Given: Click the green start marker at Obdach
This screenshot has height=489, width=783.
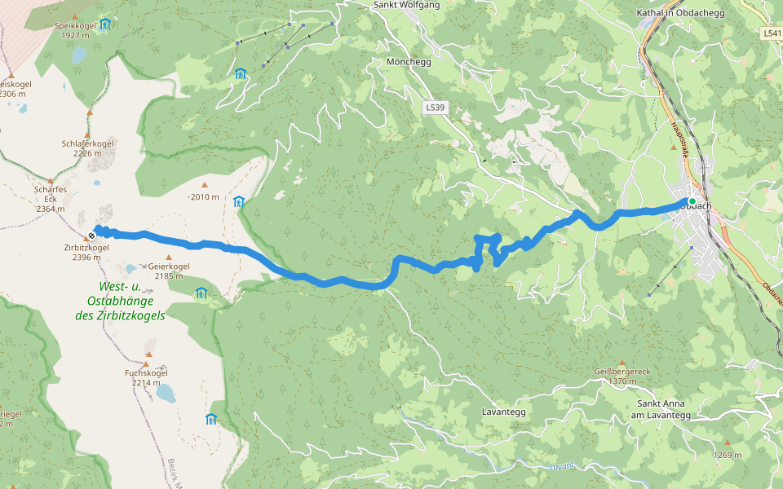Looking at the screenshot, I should (692, 200).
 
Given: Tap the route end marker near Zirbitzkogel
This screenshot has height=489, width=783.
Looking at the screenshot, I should (91, 236).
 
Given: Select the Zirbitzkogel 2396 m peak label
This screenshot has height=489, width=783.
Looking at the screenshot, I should (86, 252).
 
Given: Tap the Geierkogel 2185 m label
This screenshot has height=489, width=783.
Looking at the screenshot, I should (169, 271).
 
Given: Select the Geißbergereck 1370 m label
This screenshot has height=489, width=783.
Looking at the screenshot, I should (622, 376).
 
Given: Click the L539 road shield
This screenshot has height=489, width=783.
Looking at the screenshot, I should (435, 108).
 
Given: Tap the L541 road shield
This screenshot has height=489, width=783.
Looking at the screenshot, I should (772, 33).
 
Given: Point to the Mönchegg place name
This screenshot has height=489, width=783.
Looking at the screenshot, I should (408, 62).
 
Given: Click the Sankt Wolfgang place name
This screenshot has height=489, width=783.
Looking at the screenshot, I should (405, 5).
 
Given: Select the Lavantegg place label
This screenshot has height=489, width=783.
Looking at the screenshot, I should (503, 412).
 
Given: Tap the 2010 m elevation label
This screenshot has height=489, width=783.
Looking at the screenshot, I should (204, 197).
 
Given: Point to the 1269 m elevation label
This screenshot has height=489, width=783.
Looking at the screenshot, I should (727, 455).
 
